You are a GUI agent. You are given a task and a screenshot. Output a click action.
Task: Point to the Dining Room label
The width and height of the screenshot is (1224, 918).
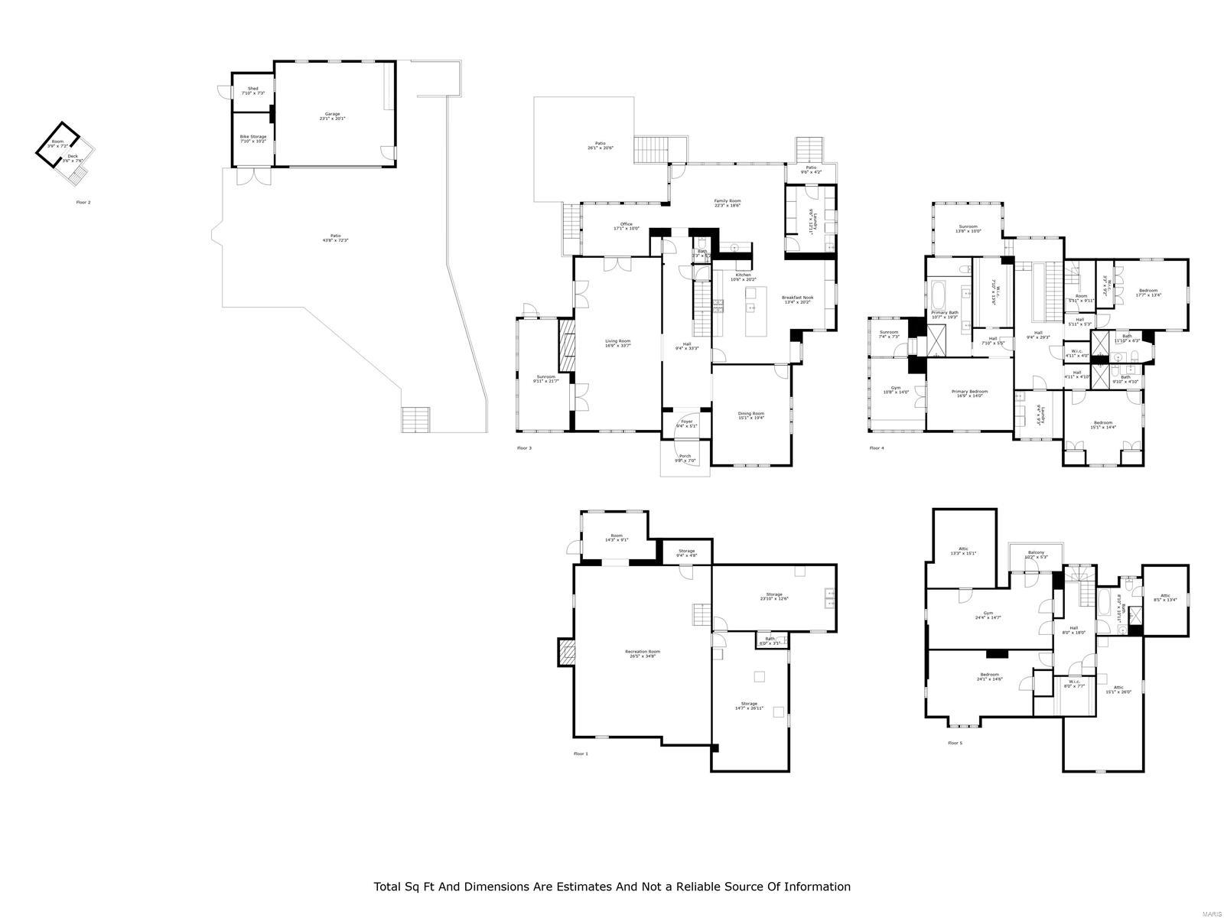tap(750, 415)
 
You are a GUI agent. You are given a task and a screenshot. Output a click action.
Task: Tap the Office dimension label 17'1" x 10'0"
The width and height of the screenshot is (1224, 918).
tap(626, 229)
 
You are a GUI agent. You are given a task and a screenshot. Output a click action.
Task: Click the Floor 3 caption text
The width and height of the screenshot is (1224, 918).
tap(524, 448)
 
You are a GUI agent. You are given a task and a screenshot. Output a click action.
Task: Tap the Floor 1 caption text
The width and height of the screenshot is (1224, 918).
tap(581, 754)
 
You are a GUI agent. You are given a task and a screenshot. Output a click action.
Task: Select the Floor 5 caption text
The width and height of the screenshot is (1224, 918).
tap(955, 743)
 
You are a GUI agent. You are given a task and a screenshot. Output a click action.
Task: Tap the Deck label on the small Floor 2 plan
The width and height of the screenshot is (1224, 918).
tap(73, 157)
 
